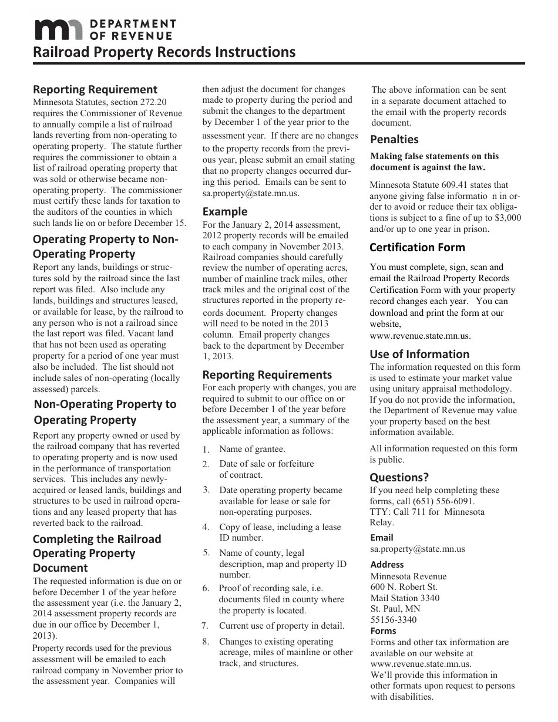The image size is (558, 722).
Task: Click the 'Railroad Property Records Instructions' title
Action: [x=164, y=52]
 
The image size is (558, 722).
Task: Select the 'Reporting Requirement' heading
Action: [x=95, y=90]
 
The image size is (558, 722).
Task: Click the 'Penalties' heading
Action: [x=394, y=140]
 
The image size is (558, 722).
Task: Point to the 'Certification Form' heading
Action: [x=417, y=247]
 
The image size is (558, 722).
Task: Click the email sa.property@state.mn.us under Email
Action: [x=417, y=549]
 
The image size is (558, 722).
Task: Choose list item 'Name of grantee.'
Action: [x=252, y=449]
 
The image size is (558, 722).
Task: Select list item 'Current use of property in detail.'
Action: [x=282, y=626]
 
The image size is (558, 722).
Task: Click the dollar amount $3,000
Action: [x=508, y=217]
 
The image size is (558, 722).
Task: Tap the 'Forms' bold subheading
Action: [x=383, y=631]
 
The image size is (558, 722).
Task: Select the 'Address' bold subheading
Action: [x=387, y=565]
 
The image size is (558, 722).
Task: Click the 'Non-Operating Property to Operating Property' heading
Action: [x=105, y=412]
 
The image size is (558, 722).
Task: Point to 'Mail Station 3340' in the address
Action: [x=405, y=598]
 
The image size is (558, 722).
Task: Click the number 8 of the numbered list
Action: [x=206, y=642]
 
